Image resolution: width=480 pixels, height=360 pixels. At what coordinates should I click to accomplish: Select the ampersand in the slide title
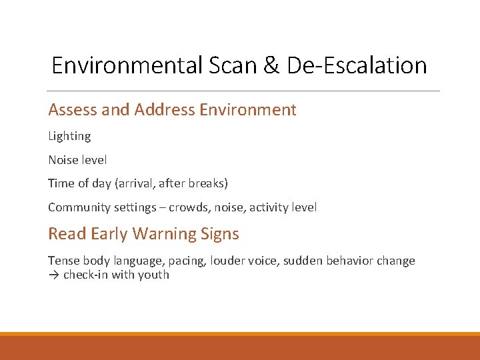[271, 65]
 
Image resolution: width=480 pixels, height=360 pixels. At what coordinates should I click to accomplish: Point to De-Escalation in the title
[357, 65]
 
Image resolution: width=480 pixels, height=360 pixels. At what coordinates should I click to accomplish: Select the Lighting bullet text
[69, 137]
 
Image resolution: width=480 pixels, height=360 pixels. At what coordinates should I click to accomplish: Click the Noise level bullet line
[77, 160]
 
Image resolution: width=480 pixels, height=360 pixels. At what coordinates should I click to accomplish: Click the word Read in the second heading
[67, 233]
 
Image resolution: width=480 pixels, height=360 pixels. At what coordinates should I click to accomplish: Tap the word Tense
[63, 261]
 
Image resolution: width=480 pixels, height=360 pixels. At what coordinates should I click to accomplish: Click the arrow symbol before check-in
[53, 275]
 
